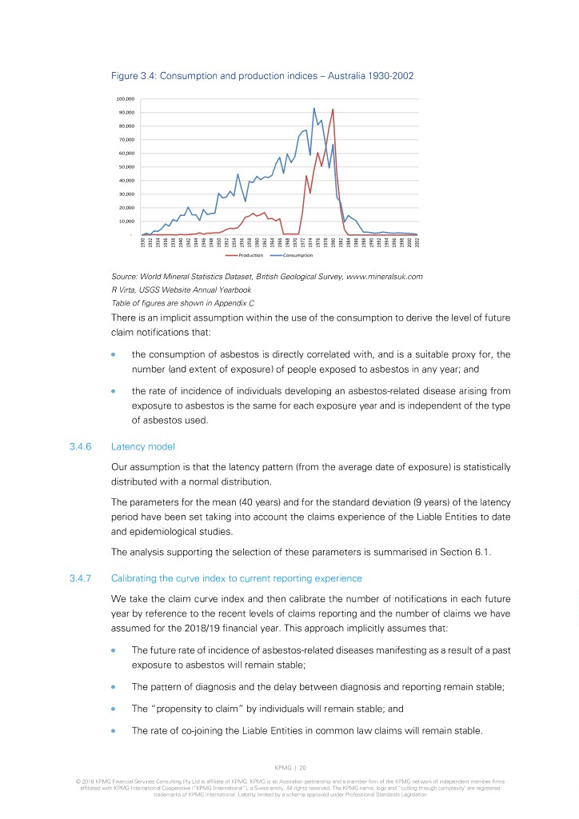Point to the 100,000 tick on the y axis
pyautogui.click(x=127, y=99)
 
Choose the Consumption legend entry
pyautogui.click(x=293, y=255)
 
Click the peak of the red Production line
pyautogui.click(x=333, y=109)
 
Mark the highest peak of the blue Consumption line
pyautogui.click(x=313, y=108)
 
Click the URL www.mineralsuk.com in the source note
pyautogui.click(x=381, y=277)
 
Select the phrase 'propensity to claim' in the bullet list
pyautogui.click(x=189, y=707)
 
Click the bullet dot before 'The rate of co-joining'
pyautogui.click(x=116, y=730)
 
